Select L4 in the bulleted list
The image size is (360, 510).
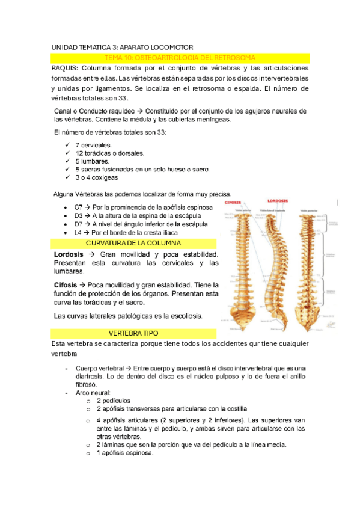[x=78, y=232]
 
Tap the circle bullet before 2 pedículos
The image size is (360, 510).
[x=88, y=401]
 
